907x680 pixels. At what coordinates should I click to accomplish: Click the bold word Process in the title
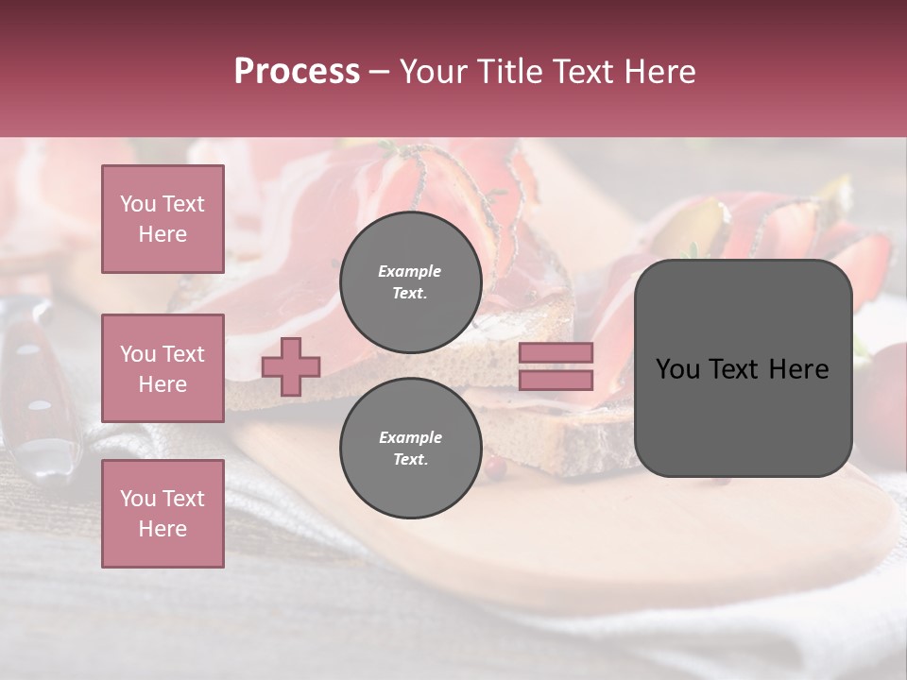click(x=297, y=71)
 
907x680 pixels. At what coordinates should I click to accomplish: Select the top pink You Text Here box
click(x=163, y=219)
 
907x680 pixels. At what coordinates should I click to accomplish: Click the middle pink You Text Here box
click(x=163, y=368)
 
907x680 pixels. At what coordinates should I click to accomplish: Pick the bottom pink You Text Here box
click(x=163, y=514)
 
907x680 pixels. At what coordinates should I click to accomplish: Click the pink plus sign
click(x=291, y=366)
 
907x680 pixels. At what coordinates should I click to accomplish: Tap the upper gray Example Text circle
click(x=410, y=281)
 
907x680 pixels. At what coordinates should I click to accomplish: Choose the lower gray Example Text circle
click(x=410, y=448)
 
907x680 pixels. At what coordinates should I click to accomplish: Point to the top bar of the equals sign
click(x=556, y=352)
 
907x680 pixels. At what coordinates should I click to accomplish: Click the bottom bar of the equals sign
click(x=556, y=380)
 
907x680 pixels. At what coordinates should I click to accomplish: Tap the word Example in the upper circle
click(x=410, y=271)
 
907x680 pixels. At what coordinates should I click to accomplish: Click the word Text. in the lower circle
click(x=410, y=459)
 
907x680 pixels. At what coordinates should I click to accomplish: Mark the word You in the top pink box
click(x=138, y=204)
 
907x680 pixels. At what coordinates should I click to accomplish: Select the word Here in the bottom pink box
click(x=163, y=529)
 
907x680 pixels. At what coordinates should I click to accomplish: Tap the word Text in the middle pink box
click(x=182, y=354)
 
